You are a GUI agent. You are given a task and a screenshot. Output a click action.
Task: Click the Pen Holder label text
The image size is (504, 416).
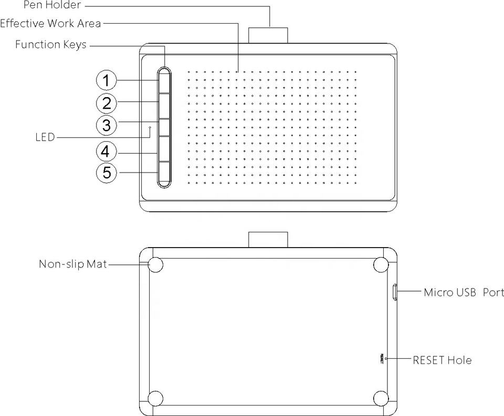52,6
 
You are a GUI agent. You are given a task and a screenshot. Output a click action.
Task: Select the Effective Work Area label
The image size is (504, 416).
50,24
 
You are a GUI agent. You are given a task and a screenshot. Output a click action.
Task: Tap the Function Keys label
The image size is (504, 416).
51,45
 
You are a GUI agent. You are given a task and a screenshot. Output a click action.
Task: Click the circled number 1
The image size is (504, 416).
107,81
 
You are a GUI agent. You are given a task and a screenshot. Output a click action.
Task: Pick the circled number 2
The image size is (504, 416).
107,103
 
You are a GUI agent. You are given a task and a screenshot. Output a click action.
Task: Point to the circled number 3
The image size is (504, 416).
107,125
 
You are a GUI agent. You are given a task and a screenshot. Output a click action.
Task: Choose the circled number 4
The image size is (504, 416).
107,152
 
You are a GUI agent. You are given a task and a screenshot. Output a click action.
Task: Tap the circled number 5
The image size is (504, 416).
107,172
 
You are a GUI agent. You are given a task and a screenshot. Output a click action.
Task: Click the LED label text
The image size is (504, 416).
45,137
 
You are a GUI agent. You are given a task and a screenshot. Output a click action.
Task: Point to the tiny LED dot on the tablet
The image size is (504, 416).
150,127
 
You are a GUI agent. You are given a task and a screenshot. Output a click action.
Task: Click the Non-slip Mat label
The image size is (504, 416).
73,263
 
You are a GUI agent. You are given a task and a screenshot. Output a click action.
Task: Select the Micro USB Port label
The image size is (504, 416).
464,293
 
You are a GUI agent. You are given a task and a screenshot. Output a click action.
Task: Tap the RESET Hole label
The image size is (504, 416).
442,360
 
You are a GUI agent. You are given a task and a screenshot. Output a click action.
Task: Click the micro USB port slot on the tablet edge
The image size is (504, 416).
395,292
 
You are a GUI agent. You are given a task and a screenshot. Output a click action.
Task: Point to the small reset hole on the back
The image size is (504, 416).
386,359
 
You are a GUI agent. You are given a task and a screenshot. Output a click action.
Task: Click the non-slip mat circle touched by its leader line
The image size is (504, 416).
155,265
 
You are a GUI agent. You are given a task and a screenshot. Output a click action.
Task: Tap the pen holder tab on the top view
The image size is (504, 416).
268,35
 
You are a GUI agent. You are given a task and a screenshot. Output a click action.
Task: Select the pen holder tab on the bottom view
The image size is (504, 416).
268,240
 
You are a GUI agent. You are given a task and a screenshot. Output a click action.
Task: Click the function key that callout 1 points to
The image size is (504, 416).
164,82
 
